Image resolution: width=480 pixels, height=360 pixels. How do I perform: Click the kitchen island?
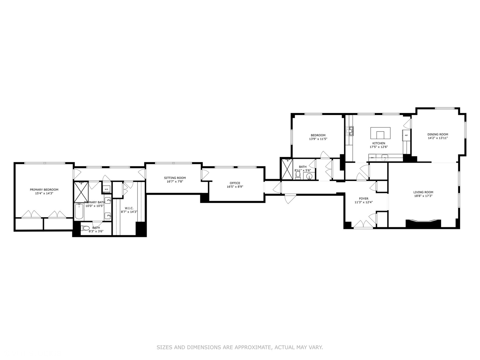380,133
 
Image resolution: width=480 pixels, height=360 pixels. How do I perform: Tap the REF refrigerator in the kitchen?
406,135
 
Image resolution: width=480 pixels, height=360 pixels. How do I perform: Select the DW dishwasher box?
372,157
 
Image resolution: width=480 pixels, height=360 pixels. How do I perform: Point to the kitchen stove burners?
350,131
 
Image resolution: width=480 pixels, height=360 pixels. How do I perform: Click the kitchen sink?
385,157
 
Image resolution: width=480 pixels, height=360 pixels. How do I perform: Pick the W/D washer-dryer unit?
106,189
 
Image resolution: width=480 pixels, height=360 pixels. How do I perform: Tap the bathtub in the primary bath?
79,211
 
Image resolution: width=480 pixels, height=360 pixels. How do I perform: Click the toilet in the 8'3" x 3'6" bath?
86,228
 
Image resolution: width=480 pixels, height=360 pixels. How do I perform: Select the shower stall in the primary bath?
81,192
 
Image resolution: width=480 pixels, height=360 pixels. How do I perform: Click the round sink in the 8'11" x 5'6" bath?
309,176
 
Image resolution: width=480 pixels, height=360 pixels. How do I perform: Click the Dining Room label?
438,134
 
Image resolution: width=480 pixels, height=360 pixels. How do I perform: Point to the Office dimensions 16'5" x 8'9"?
235,187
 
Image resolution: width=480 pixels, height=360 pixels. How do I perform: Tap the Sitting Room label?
175,178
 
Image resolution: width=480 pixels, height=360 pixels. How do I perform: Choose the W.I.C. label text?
129,208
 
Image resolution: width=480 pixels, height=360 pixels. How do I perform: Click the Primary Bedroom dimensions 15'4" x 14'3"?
44,193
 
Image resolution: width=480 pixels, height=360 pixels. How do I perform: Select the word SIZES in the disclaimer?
164,347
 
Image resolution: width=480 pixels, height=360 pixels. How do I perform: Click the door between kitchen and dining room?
408,124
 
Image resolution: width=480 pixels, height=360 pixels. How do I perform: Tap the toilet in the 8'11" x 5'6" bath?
298,175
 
